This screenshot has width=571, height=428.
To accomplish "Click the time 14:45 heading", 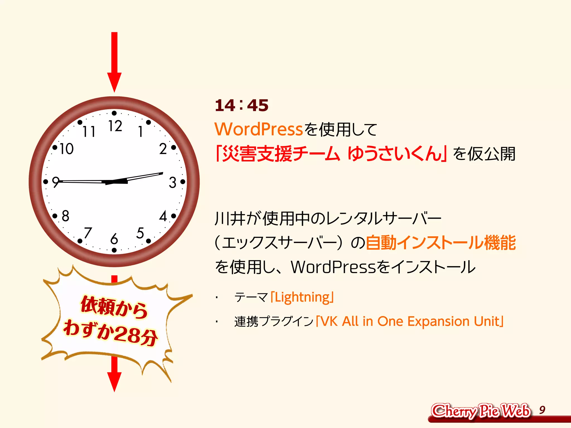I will click(x=241, y=105).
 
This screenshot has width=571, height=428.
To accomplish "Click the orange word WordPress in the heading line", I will click(x=258, y=129).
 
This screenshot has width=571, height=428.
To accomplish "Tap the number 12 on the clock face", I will click(x=115, y=126).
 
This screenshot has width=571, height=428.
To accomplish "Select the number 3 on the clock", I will click(x=173, y=183).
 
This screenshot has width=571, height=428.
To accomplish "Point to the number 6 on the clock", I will click(x=114, y=239).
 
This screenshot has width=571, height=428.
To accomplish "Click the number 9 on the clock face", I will click(x=56, y=182).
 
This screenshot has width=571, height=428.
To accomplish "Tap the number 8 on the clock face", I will click(x=66, y=216).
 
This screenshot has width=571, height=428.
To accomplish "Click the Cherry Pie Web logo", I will click(x=480, y=411).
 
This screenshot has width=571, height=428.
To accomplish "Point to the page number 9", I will click(x=542, y=410).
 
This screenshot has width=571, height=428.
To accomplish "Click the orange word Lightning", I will click(x=302, y=297).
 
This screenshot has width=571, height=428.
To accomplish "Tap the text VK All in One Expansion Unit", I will click(x=410, y=321).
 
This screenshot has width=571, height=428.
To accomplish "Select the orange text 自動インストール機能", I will click(x=441, y=242).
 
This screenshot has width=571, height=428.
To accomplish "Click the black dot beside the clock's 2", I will click(x=173, y=147).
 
